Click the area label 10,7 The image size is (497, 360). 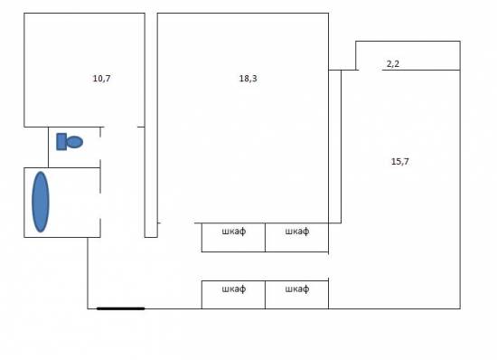(101, 79)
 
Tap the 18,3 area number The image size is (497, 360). (248, 79)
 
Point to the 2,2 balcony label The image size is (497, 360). (393, 64)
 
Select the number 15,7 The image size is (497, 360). (400, 161)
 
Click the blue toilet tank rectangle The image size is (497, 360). (61, 141)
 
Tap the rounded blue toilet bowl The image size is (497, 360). (75, 142)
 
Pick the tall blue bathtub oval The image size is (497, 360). (41, 202)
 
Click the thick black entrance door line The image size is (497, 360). (121, 308)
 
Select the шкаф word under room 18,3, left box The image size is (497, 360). (234, 232)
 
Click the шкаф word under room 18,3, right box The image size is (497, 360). (297, 232)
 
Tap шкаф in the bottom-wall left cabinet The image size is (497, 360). (234, 289)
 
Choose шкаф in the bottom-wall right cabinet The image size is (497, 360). (297, 289)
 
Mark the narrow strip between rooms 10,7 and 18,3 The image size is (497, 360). (151, 125)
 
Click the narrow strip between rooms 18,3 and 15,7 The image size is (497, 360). (334, 147)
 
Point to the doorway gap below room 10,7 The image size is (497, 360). (120, 127)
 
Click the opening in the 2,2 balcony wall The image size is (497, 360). (370, 70)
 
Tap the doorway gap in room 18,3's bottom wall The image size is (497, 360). (177, 223)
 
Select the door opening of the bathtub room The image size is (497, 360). (100, 205)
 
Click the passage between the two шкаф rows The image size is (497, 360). (265, 266)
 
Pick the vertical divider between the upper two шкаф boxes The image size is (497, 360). (265, 238)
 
